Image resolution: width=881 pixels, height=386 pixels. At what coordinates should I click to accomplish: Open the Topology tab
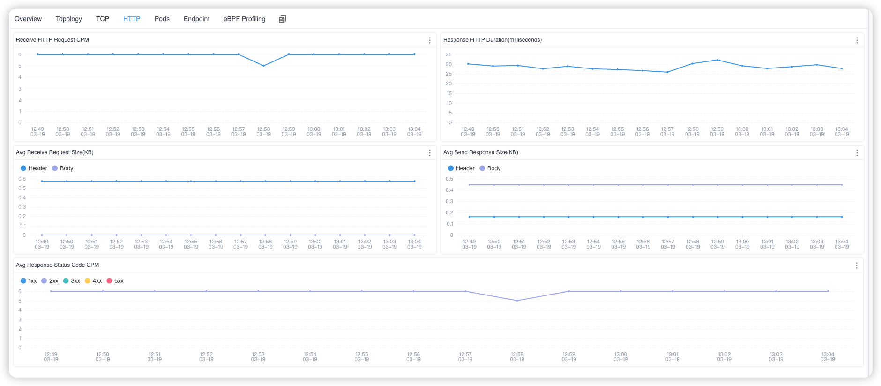pos(68,19)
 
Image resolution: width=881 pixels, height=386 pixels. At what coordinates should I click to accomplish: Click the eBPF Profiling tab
pos(244,19)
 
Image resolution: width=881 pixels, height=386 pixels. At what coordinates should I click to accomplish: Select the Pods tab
pos(162,19)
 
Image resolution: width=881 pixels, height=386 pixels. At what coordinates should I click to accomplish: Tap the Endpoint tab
pos(196,19)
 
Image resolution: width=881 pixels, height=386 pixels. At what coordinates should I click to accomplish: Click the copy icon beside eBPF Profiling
pos(282,19)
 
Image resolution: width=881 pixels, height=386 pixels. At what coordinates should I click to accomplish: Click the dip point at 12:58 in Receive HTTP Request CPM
pos(263,66)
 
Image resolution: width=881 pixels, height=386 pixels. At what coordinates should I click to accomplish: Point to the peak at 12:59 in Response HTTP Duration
pos(717,60)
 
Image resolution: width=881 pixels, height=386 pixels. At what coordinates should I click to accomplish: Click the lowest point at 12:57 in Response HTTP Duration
pos(667,72)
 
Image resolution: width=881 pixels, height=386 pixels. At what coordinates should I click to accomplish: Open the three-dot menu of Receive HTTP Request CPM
pos(429,40)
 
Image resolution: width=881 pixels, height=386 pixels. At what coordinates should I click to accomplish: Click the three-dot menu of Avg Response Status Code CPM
pos(856,265)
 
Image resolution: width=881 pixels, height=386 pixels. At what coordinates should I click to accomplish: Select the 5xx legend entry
pos(115,281)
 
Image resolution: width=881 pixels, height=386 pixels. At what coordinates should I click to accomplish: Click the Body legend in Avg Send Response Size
pos(490,168)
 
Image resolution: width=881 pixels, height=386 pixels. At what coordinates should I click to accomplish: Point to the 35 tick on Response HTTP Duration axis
pos(448,54)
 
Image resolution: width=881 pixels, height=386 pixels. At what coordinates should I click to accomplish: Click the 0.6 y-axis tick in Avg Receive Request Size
pos(22,179)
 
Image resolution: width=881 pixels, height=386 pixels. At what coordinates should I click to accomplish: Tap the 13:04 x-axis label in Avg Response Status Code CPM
pos(828,357)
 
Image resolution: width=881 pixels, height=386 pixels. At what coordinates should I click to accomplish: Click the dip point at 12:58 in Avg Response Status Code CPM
pos(517,301)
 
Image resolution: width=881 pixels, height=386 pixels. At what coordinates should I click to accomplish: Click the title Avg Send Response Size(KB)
pos(480,152)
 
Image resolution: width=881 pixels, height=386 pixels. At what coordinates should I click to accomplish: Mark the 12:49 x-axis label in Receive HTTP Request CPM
pos(37,132)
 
